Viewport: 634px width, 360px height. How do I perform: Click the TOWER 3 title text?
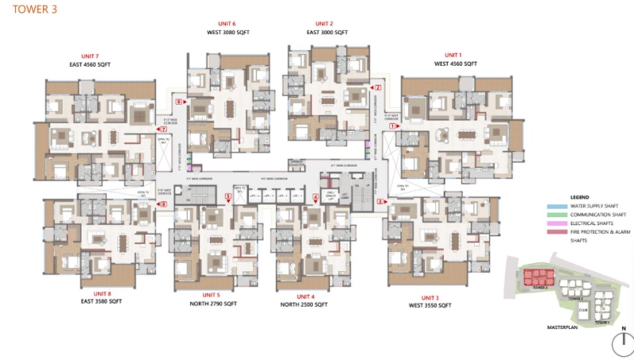(x=35, y=9)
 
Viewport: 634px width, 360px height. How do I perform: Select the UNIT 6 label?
(x=227, y=24)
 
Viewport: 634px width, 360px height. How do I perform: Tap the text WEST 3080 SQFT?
(x=228, y=32)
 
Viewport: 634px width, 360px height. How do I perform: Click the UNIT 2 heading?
(x=324, y=24)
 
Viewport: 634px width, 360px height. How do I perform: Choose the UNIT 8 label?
(x=102, y=293)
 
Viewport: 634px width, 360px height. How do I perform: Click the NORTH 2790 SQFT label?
(x=213, y=304)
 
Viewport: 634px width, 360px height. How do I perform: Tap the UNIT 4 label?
(x=306, y=297)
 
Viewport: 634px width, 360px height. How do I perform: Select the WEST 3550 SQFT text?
(x=430, y=306)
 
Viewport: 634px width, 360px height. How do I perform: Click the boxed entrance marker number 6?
(x=179, y=101)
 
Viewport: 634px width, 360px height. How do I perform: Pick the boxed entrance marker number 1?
(x=393, y=126)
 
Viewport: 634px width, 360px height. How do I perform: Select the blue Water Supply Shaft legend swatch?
(x=557, y=206)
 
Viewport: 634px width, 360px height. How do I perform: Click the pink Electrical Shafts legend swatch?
(x=557, y=223)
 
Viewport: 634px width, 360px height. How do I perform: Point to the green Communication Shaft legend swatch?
(x=557, y=215)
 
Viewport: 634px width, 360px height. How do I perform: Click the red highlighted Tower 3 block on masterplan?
(x=534, y=277)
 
